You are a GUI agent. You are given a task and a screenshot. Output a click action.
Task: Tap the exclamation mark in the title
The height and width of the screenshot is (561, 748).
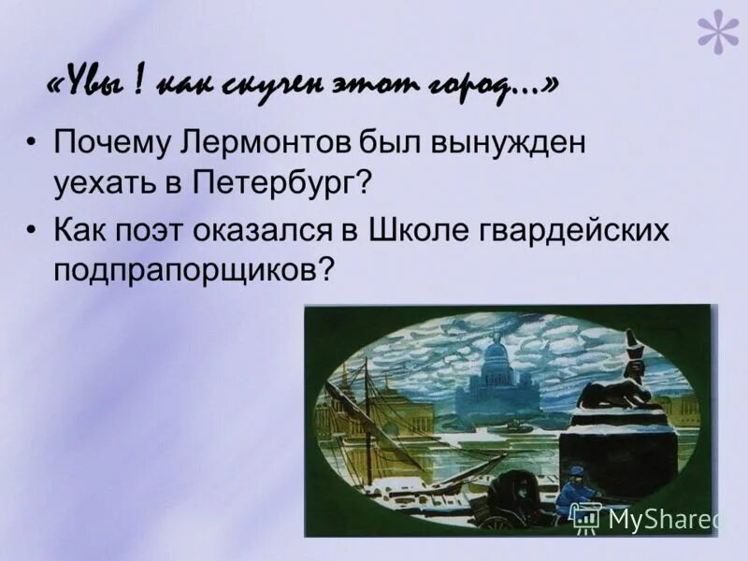[137, 84]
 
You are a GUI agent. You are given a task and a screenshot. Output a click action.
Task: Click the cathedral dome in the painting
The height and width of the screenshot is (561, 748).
[496, 360]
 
